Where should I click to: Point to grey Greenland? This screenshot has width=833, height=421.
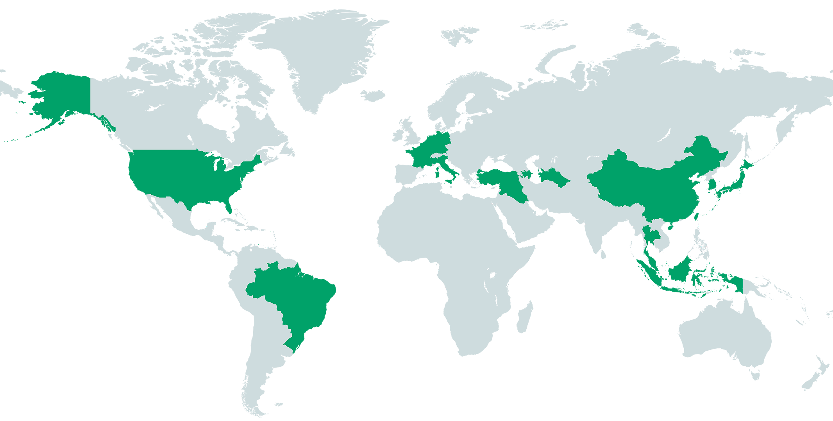(332, 59)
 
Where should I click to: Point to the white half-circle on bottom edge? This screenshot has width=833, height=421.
(340, 410)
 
